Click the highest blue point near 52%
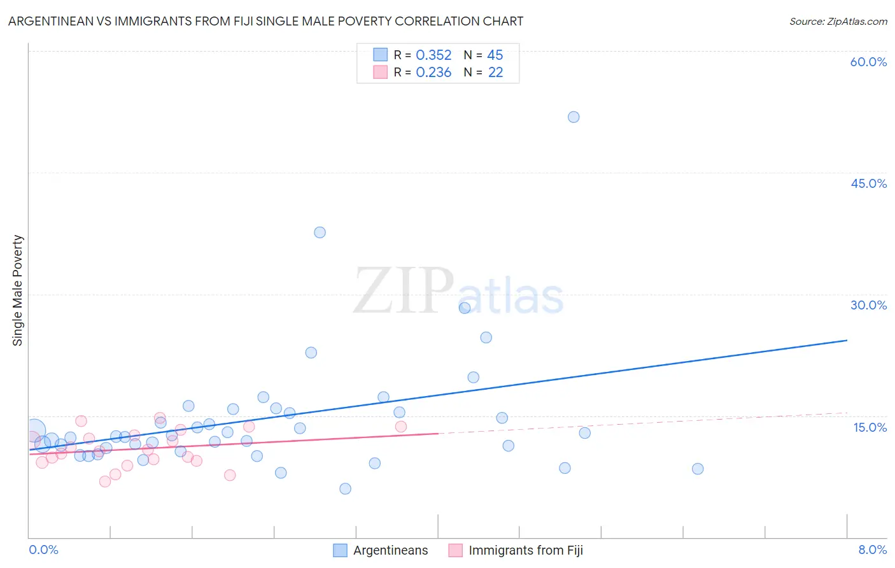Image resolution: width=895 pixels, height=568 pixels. pos(574,117)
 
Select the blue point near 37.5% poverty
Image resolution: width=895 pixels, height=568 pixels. pos(320,232)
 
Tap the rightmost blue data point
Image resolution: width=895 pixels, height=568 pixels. pos(698,469)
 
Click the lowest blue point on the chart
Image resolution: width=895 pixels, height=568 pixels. pos(345,488)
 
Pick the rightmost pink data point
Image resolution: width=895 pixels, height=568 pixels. pos(400,427)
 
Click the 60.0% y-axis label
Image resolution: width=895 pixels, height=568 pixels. pos(868,62)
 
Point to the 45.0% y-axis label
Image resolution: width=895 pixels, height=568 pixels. pos(868,183)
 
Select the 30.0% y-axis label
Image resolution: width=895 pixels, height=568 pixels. pos(868,305)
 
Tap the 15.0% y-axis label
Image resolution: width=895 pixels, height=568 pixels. pos(870,427)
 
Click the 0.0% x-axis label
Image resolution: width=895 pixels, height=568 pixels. pos(43,550)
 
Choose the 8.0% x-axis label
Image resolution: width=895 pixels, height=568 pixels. pos(872,550)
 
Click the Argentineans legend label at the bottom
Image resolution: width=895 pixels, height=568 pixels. pos(390,550)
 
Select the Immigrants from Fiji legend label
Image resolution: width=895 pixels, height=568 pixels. pos(525,550)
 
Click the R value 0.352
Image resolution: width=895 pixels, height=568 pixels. pos(433,55)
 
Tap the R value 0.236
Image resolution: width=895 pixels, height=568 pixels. pos(433,73)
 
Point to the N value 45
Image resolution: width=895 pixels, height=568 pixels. pos(495,55)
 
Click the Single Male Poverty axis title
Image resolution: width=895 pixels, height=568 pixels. pos(18,290)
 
